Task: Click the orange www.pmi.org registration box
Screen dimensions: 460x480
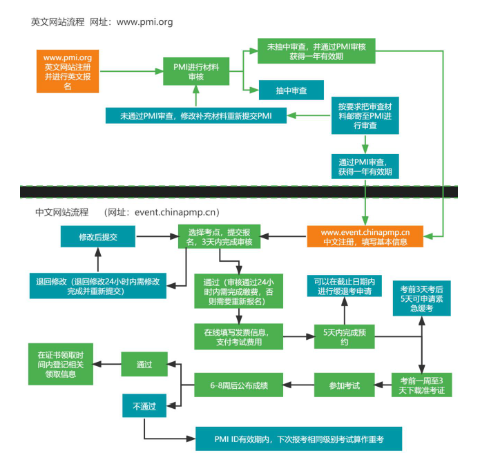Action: point(68,71)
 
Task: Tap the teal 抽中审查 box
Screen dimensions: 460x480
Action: point(291,90)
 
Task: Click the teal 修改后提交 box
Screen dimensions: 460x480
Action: point(97,237)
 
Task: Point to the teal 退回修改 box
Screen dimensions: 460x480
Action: point(98,285)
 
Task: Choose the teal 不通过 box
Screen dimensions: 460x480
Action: point(145,407)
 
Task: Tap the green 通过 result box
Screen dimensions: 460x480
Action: point(145,363)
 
